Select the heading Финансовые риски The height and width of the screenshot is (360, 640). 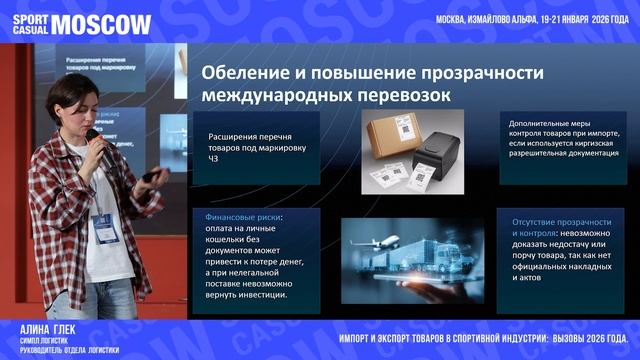(x=242, y=215)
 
